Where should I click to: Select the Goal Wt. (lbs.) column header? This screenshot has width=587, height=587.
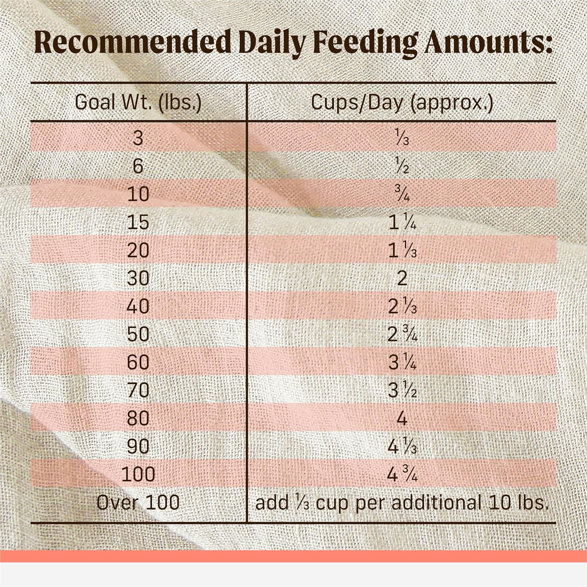pos(138,103)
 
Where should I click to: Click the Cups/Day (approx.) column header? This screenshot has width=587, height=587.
pos(402,103)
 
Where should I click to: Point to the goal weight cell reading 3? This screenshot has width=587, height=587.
pos(138,138)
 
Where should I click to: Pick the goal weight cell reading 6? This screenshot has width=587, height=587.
pos(138,166)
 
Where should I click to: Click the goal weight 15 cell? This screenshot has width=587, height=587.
pos(138,222)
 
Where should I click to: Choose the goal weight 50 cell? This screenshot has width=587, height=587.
pos(138,334)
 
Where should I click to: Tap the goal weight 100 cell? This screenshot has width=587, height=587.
pos(138,474)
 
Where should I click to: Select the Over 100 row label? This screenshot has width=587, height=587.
pos(138,502)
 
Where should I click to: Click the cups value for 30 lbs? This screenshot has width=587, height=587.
pos(402,278)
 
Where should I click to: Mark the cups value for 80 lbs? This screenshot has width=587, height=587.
pos(402,418)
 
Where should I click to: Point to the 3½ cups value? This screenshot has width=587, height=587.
pos(402,390)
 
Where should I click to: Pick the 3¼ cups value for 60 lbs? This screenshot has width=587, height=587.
pos(402,362)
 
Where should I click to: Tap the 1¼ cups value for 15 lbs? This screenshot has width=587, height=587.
pos(402,222)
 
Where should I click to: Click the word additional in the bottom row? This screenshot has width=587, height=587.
pos(436,502)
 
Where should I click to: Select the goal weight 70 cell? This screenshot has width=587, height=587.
pos(138,390)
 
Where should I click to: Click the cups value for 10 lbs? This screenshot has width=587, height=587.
pos(402,194)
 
